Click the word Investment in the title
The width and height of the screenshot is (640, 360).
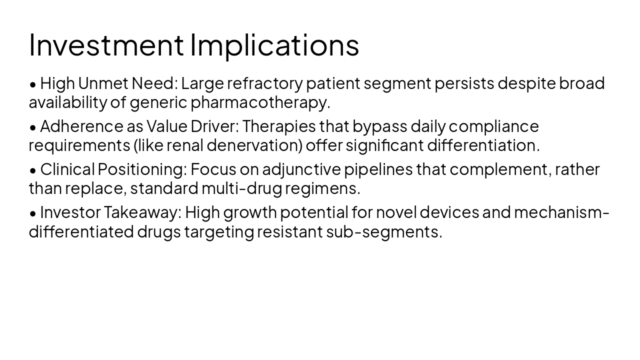coord(106,44)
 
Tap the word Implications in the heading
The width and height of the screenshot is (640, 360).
coord(274,44)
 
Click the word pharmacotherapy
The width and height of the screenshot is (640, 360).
coord(260,102)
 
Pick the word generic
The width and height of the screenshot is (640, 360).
coord(158,102)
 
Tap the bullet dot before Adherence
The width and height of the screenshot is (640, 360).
coord(33,127)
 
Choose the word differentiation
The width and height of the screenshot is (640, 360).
coord(483,145)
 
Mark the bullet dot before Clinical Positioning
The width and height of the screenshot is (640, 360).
coord(33,170)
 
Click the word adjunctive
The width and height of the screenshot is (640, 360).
coord(301,169)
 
